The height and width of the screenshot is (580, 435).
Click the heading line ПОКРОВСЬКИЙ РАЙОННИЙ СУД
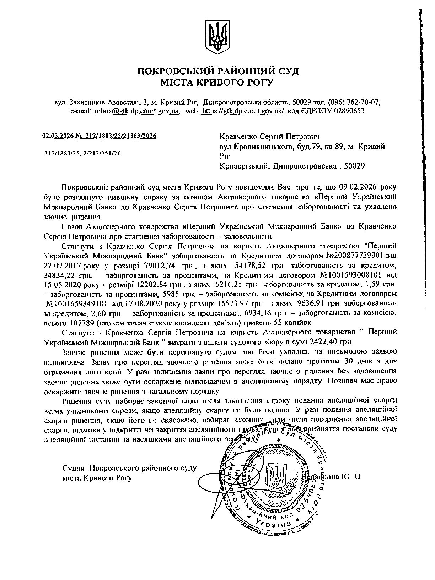click(x=218, y=71)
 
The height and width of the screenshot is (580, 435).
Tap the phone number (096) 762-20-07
click(x=354, y=102)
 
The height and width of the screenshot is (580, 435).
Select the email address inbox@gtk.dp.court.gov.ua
click(x=137, y=111)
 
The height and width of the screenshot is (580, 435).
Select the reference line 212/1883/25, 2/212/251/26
click(x=82, y=154)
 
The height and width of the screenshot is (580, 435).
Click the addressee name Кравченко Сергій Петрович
click(x=270, y=137)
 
